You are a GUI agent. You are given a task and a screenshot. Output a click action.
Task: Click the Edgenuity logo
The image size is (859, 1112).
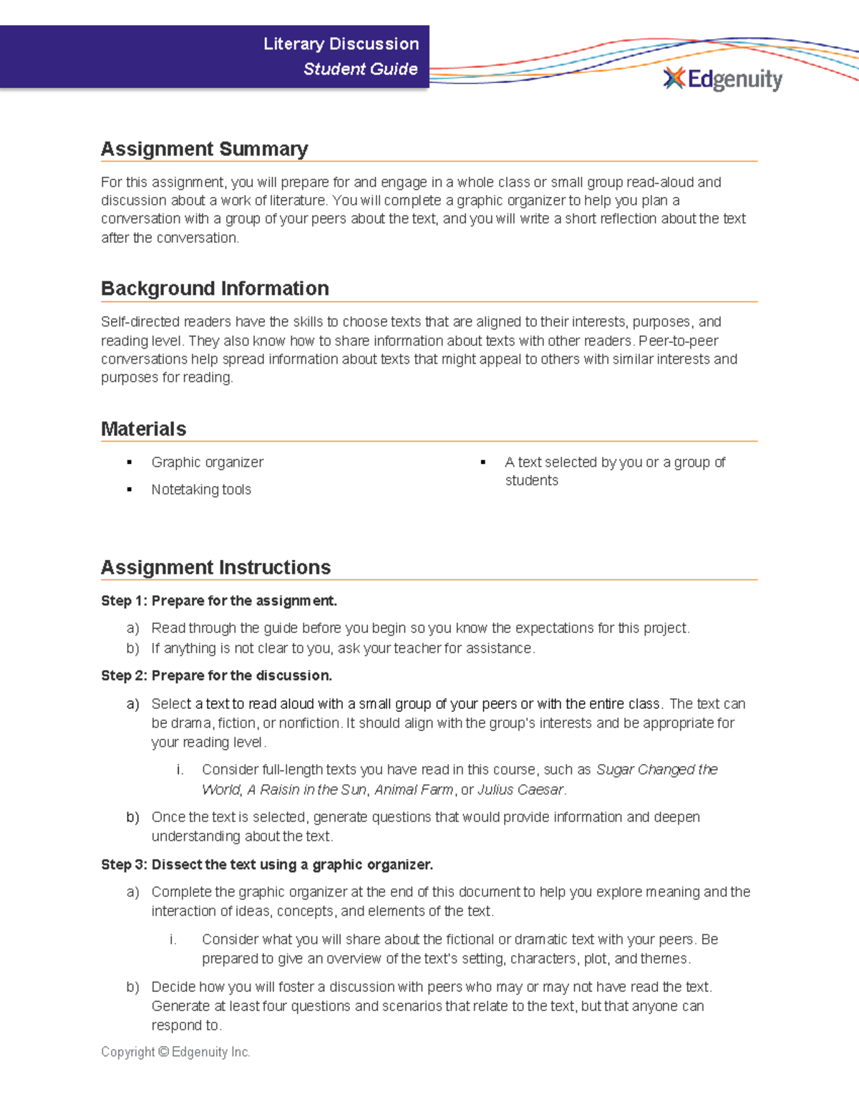coord(723,79)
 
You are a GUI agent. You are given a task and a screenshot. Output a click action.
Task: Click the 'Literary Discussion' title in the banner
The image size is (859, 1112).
coord(341,44)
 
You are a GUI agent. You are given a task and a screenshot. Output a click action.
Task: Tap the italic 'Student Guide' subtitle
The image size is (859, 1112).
coord(360,69)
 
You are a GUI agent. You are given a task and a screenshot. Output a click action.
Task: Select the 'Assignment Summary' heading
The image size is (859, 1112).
coord(204,149)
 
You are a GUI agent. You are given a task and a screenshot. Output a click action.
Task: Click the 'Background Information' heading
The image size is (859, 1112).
coord(215,289)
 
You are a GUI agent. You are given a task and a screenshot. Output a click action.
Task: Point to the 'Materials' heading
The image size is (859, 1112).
coord(143,429)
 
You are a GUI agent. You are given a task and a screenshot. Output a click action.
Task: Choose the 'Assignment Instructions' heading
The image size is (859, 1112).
coord(215,567)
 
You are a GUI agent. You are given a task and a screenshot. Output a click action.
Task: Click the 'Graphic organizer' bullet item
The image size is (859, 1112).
coord(207,463)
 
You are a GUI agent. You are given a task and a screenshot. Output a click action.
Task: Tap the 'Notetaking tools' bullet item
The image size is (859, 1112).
coord(200,490)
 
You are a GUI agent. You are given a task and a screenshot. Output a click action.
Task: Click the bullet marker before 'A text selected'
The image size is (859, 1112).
coord(483,463)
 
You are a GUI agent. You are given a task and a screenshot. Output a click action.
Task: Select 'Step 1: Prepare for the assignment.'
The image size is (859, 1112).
coord(218,601)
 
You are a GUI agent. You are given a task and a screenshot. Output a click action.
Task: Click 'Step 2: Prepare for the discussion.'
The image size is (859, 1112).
coord(216,675)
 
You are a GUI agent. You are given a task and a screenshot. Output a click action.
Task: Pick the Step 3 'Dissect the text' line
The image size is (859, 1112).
coord(267,864)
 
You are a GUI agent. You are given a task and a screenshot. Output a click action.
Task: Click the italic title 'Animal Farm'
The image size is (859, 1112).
coord(414,789)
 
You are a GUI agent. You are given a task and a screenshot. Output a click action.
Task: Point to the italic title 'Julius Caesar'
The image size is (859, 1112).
coord(520,789)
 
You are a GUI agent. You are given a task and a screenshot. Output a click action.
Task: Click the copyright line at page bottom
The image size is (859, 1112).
coord(175,1052)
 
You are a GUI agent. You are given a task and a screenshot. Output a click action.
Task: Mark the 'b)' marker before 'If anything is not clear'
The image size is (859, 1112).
coord(132,648)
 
